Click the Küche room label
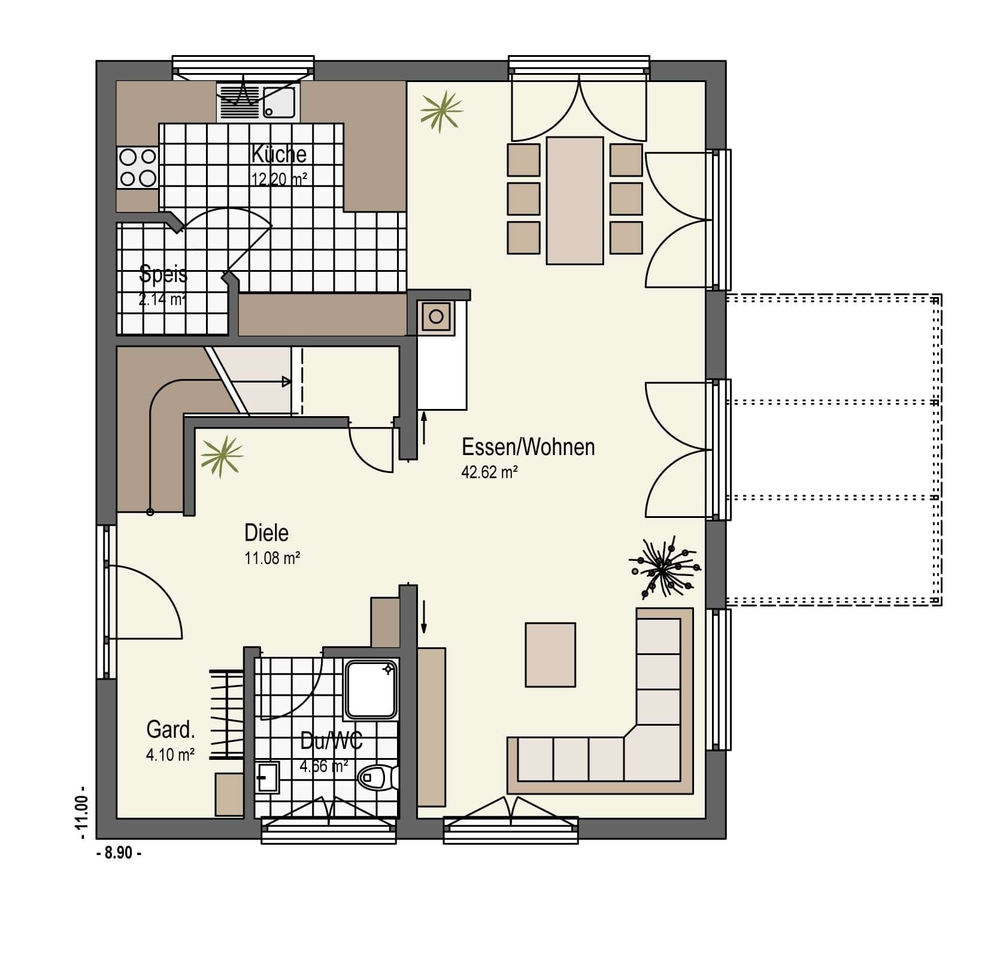pyautogui.click(x=278, y=154)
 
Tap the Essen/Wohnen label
pyautogui.click(x=528, y=447)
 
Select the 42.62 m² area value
pyautogui.click(x=489, y=472)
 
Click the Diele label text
pyautogui.click(x=266, y=532)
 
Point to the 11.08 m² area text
pyautogui.click(x=272, y=558)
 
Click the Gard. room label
pyautogui.click(x=171, y=730)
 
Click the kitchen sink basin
pyautogui.click(x=279, y=102)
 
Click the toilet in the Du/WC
pyautogui.click(x=378, y=778)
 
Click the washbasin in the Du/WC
pyautogui.click(x=266, y=777)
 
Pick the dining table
pyautogui.click(x=575, y=201)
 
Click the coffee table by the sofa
pyautogui.click(x=550, y=654)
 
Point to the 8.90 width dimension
pyautogui.click(x=119, y=853)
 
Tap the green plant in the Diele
pyautogui.click(x=222, y=456)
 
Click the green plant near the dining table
pyautogui.click(x=441, y=111)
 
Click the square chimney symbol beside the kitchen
pyautogui.click(x=437, y=316)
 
